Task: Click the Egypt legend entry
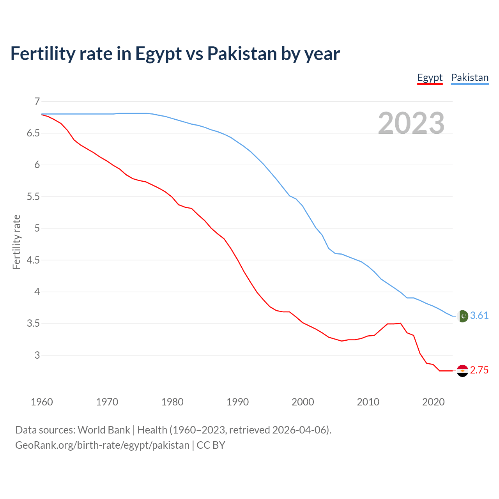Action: point(430,78)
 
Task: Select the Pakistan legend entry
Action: point(469,78)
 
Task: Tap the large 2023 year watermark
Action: point(411,123)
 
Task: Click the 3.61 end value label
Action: point(479,315)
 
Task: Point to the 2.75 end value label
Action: point(479,370)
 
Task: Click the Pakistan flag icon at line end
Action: point(463,316)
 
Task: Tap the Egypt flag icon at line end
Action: point(462,371)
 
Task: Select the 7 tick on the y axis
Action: point(37,102)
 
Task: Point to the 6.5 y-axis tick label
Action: point(33,133)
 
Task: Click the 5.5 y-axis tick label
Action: point(33,197)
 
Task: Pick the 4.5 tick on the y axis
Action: point(33,260)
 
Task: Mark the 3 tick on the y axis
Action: point(37,355)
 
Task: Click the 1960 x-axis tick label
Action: point(42,402)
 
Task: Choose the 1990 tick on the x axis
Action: point(237,402)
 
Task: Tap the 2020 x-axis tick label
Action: point(433,402)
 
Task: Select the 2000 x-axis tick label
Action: point(303,402)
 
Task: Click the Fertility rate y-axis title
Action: point(16,242)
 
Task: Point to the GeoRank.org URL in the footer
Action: point(102,445)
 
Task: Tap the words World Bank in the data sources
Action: point(104,430)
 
